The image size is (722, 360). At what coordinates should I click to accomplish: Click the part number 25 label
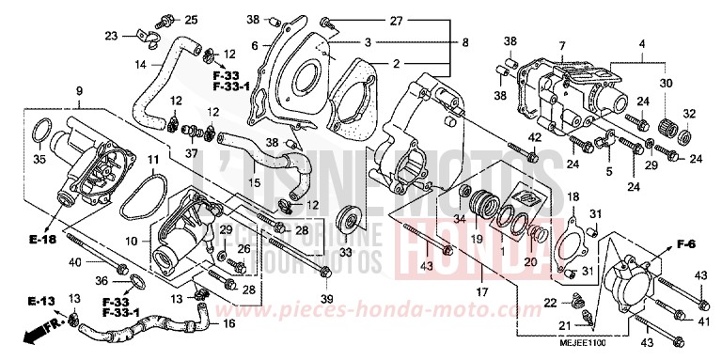[x=191, y=20]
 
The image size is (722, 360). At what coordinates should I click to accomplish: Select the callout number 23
[x=111, y=36]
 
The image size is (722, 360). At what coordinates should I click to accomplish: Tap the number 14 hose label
[x=114, y=65]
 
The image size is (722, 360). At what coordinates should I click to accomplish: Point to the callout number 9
[x=79, y=92]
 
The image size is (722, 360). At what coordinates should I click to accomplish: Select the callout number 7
[x=561, y=46]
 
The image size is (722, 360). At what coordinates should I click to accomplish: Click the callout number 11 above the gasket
[x=150, y=161]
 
